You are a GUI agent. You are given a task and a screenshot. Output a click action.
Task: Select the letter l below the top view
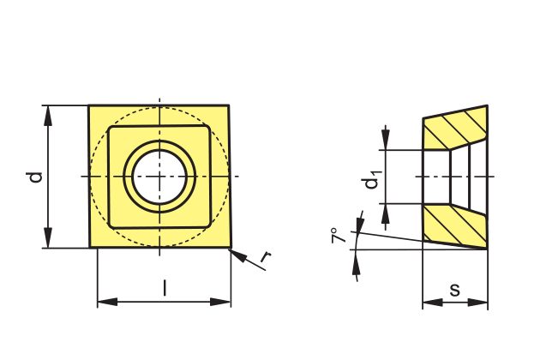click(165, 288)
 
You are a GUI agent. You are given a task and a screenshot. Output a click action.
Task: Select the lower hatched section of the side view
click(456, 225)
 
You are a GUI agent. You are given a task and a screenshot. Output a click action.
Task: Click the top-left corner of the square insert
click(89, 106)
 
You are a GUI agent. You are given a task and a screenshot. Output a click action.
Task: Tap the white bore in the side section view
click(459, 176)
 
